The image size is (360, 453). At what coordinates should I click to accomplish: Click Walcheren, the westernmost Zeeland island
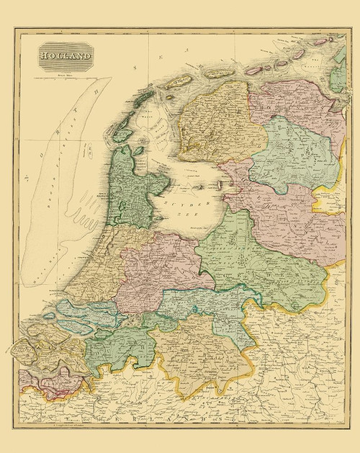22,349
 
